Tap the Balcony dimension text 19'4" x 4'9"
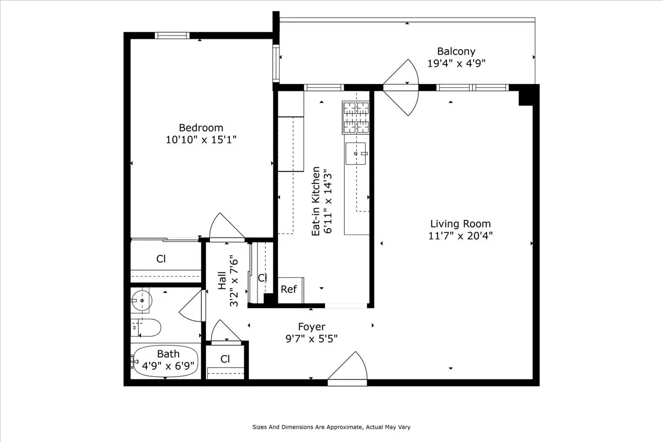(x=456, y=63)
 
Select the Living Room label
(x=460, y=224)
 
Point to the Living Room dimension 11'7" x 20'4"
(x=461, y=235)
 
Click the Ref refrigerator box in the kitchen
(x=289, y=290)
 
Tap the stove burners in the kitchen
(x=356, y=118)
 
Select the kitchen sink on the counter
(x=356, y=153)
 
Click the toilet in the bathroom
(x=146, y=328)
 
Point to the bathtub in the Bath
(x=166, y=361)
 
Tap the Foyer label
(x=312, y=327)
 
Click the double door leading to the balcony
(x=402, y=87)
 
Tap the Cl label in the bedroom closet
(x=161, y=258)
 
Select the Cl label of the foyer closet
(x=225, y=359)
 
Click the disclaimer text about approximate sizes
(x=331, y=427)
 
